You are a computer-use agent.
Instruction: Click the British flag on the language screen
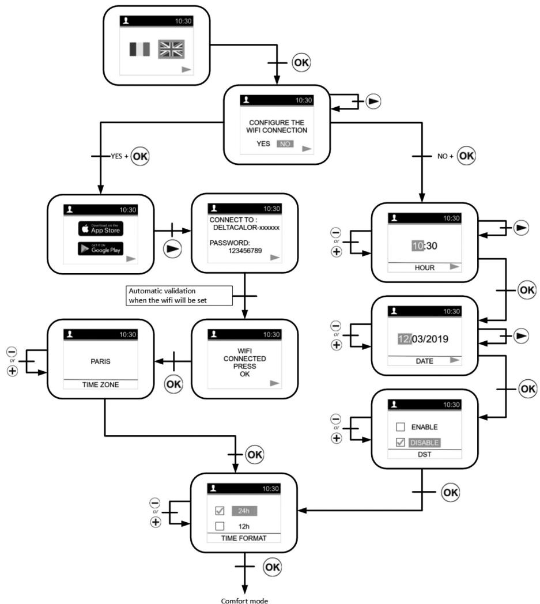[x=171, y=49]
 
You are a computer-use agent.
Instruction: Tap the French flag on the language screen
[x=139, y=50]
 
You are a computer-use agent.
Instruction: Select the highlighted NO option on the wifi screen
[x=285, y=144]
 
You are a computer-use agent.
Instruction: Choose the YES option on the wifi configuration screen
[x=263, y=144]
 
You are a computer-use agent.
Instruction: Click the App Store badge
[x=101, y=228]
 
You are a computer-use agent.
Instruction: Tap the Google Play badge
[x=101, y=249]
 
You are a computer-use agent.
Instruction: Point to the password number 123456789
[x=245, y=251]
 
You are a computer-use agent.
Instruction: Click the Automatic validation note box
[x=179, y=296]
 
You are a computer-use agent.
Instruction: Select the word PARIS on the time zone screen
[x=100, y=361]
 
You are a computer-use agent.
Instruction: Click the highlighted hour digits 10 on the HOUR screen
[x=418, y=246]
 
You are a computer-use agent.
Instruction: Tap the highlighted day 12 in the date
[x=405, y=339]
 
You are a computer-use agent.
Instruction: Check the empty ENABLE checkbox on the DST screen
[x=401, y=427]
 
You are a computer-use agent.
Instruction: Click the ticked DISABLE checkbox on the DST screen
[x=401, y=442]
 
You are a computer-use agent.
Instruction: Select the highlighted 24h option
[x=244, y=511]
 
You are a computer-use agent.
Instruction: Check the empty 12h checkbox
[x=220, y=526]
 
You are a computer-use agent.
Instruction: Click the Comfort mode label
[x=244, y=600]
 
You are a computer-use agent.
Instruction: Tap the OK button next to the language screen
[x=301, y=62]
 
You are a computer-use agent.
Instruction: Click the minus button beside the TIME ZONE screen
[x=12, y=352]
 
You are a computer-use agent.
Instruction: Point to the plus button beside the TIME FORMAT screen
[x=156, y=522]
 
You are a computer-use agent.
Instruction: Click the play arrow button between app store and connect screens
[x=172, y=249]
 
